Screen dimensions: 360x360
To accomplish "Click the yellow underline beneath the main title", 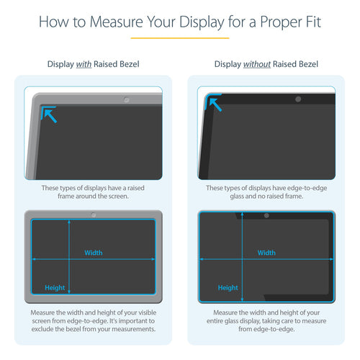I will (180, 37).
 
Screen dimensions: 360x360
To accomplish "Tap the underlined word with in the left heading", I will (84, 65).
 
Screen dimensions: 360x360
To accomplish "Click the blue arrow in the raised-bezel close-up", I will (49, 114).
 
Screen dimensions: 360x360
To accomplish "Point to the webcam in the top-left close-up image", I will (127, 99).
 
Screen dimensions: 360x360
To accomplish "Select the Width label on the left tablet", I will (94, 253).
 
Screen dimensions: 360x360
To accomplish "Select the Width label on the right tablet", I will (266, 253).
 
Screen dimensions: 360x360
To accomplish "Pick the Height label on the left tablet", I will (55, 287).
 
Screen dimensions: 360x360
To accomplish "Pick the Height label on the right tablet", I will (228, 287).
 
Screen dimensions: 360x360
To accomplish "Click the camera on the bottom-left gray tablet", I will (93, 215).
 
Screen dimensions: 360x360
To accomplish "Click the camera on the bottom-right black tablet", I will (266, 215).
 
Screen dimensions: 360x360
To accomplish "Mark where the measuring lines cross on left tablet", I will (69, 258).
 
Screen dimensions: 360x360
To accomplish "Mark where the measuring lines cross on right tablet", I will (242, 258).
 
